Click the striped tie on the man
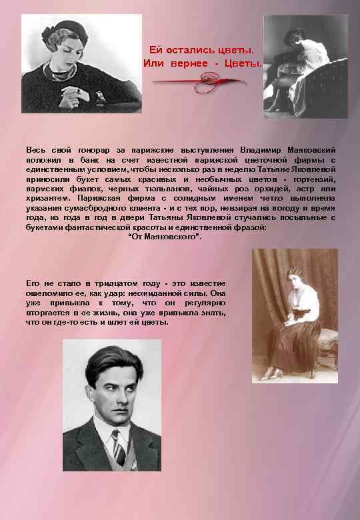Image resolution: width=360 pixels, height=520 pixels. tap(119, 447)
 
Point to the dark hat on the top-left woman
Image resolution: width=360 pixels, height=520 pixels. tap(61, 29)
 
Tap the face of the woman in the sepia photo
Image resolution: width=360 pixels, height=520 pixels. tap(294, 281)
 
